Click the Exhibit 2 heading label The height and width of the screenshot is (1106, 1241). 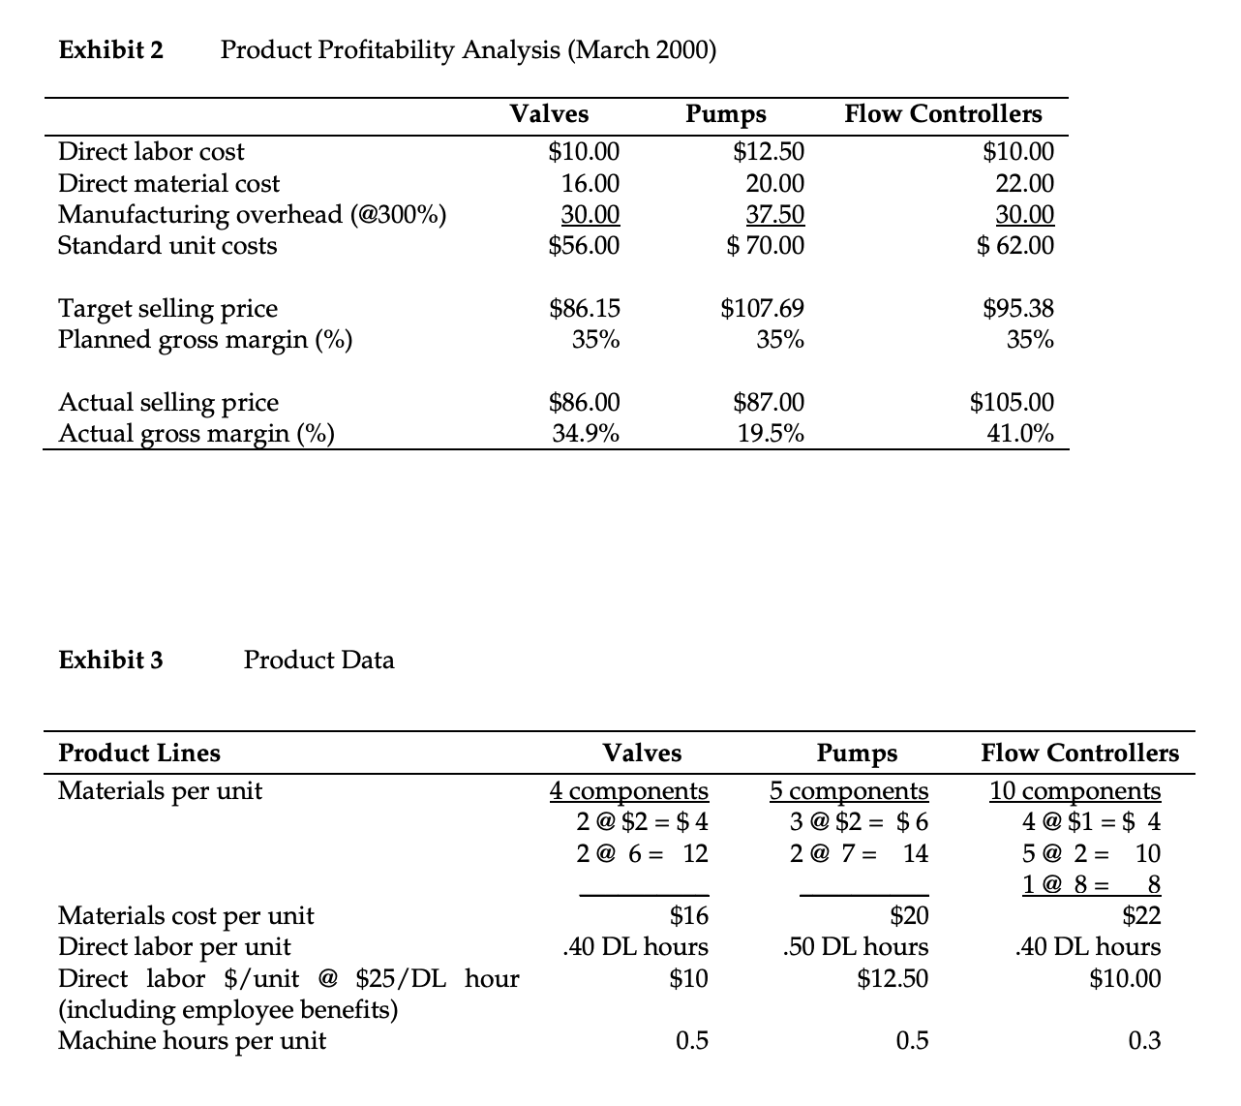[110, 49]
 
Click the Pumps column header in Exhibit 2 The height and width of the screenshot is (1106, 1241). [725, 114]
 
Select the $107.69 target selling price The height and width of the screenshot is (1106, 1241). [762, 309]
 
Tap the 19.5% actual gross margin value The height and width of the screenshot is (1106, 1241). [771, 433]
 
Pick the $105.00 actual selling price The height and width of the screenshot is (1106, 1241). [1012, 402]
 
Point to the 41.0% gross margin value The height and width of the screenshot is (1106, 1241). [1020, 433]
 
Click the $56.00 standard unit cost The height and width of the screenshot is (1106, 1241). [584, 246]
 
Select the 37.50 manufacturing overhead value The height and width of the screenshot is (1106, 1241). [774, 214]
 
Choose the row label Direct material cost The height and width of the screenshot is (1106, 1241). [168, 183]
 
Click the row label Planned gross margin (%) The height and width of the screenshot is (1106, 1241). [205, 340]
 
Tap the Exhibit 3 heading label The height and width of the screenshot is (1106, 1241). [110, 661]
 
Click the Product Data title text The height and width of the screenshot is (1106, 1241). [318, 661]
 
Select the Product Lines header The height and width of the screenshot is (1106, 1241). [139, 753]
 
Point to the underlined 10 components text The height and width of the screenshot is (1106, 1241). [1075, 791]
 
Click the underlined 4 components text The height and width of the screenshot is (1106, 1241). [628, 791]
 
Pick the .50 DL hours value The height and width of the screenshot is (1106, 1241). [855, 946]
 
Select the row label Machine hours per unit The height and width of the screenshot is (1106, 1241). [192, 1041]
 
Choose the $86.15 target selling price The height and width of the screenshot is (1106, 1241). [585, 309]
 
